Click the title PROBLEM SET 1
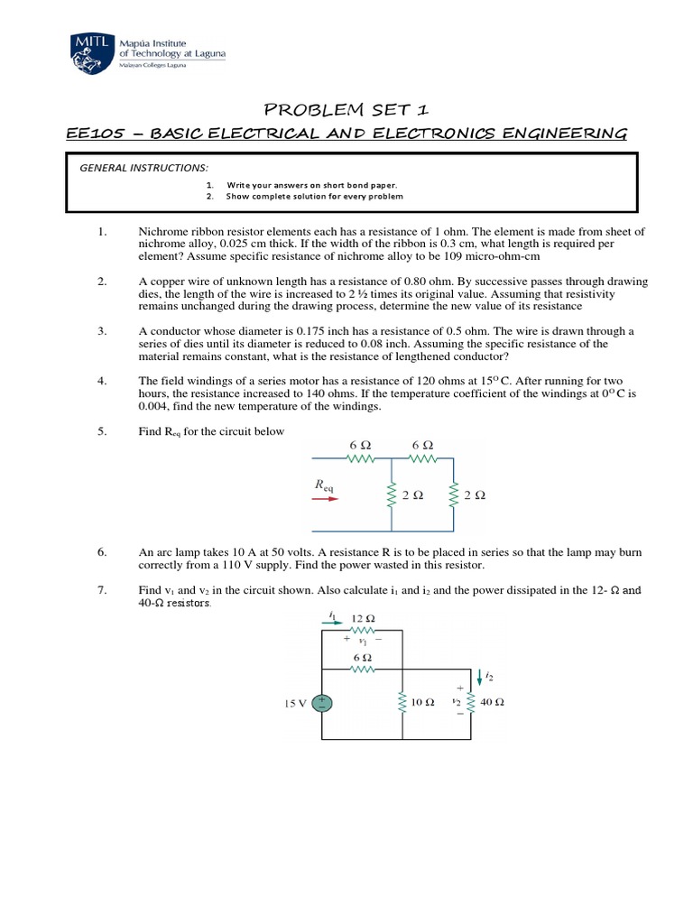346,110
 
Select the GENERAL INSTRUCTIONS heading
144,168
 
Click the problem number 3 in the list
102,331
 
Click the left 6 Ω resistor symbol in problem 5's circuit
360,458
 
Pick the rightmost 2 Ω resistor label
474,495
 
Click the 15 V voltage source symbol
322,703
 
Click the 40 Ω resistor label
493,702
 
